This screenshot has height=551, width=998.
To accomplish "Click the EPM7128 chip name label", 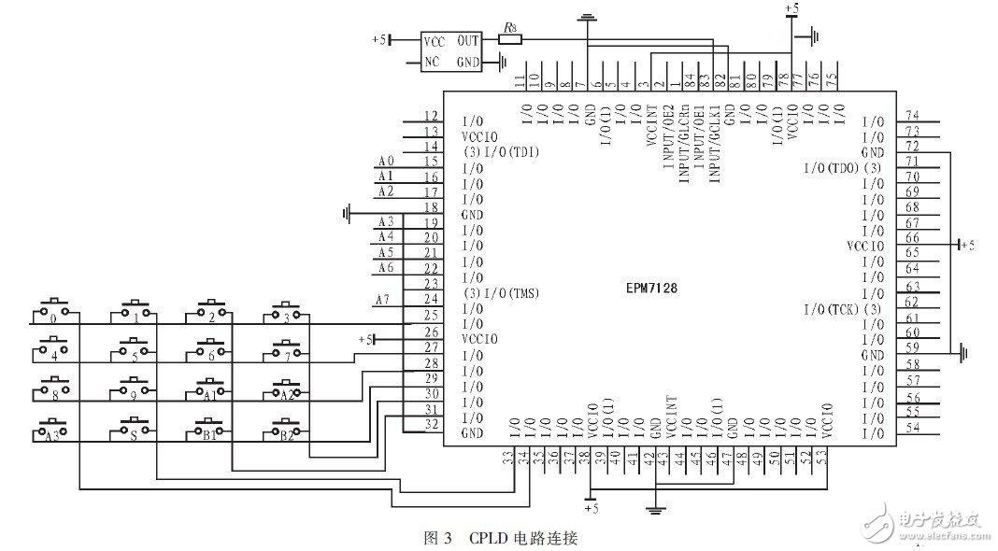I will [651, 289].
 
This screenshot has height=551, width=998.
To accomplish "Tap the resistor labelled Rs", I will [509, 39].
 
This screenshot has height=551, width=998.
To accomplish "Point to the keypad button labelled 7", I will [286, 350].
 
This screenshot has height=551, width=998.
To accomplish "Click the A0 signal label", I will [386, 161].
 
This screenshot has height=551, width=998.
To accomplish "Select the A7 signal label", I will [380, 299].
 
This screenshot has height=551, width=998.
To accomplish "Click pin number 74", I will [912, 115].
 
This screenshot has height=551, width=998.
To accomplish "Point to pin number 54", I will [912, 427].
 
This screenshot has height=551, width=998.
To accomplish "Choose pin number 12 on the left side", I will [431, 116].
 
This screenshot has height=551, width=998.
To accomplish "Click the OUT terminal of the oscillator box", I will [468, 42].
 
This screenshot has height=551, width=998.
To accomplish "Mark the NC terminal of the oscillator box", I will [432, 63].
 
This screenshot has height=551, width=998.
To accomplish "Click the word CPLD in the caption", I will [489, 538].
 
